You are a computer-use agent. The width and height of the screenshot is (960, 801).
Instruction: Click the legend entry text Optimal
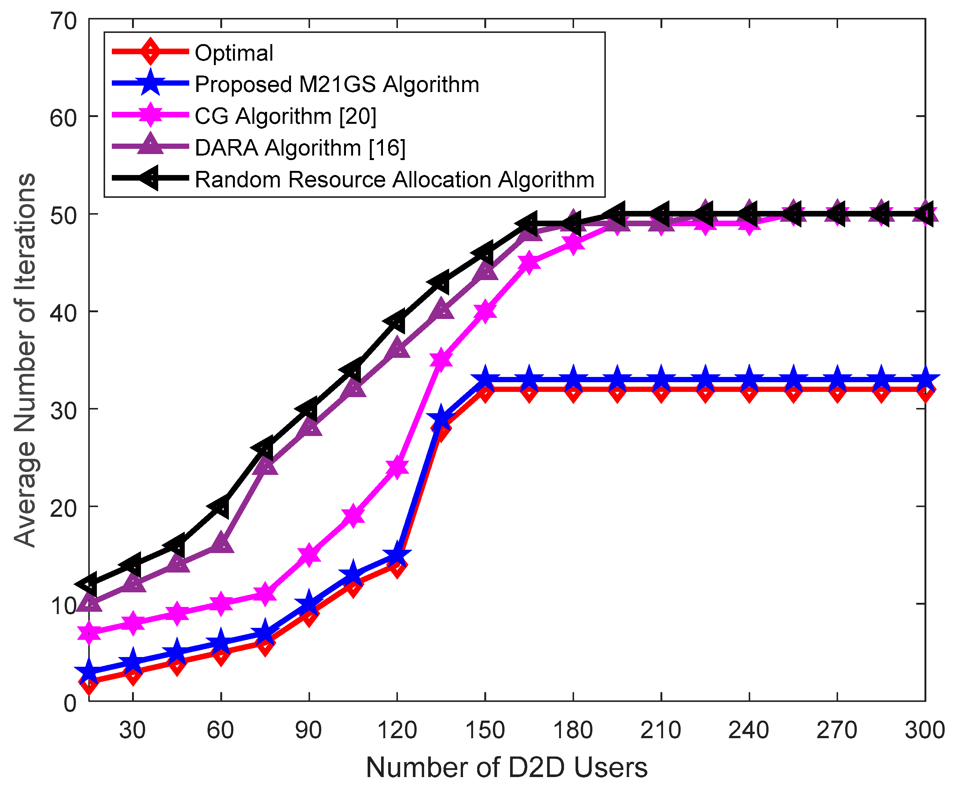coord(234,53)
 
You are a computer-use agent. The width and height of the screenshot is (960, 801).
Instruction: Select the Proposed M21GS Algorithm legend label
coord(337,85)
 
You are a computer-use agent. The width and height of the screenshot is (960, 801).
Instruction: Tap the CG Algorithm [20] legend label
coord(285,116)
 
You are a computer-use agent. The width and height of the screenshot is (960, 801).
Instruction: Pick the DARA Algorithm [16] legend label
coord(300,148)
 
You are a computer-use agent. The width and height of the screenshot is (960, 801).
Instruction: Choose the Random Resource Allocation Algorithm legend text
coord(395,179)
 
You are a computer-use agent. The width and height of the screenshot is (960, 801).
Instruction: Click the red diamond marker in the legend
coord(150,51)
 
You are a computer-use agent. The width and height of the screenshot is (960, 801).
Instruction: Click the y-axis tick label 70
coord(63,21)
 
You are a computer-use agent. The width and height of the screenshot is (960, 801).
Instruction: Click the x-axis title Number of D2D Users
coord(506,768)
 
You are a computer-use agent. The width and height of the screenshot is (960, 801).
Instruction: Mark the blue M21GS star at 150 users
coord(485,379)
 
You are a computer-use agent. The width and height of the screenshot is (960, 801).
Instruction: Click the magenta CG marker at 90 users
coord(309,555)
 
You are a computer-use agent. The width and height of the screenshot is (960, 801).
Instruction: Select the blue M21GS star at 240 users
coord(749,379)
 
